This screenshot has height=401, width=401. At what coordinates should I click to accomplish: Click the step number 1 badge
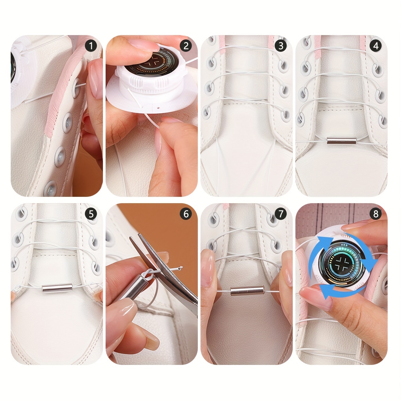click(x=91, y=46)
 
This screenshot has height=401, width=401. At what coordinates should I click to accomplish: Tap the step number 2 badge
click(x=186, y=46)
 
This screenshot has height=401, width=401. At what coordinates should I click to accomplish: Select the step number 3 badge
click(x=281, y=46)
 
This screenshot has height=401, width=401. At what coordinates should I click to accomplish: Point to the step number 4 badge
click(x=376, y=46)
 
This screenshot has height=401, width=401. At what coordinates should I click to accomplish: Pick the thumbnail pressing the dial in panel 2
click(x=140, y=44)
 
